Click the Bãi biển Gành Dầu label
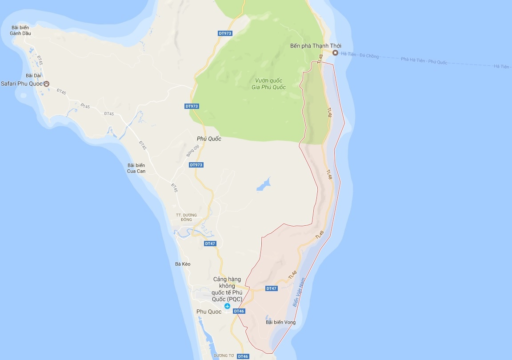click(x=20, y=30)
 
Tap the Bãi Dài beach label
click(x=33, y=76)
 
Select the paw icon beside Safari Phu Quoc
click(x=46, y=84)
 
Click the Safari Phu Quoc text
click(x=21, y=84)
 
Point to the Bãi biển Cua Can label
click(x=136, y=168)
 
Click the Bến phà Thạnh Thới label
click(x=316, y=46)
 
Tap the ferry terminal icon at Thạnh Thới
click(x=336, y=53)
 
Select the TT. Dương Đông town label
click(x=187, y=217)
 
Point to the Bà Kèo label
click(x=183, y=264)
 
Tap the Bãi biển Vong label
click(x=280, y=322)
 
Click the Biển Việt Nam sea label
click(x=299, y=292)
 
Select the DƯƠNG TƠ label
click(x=224, y=356)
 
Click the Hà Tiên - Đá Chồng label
click(x=360, y=56)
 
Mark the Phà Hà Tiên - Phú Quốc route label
click(x=424, y=60)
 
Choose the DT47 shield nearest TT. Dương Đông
click(x=210, y=244)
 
